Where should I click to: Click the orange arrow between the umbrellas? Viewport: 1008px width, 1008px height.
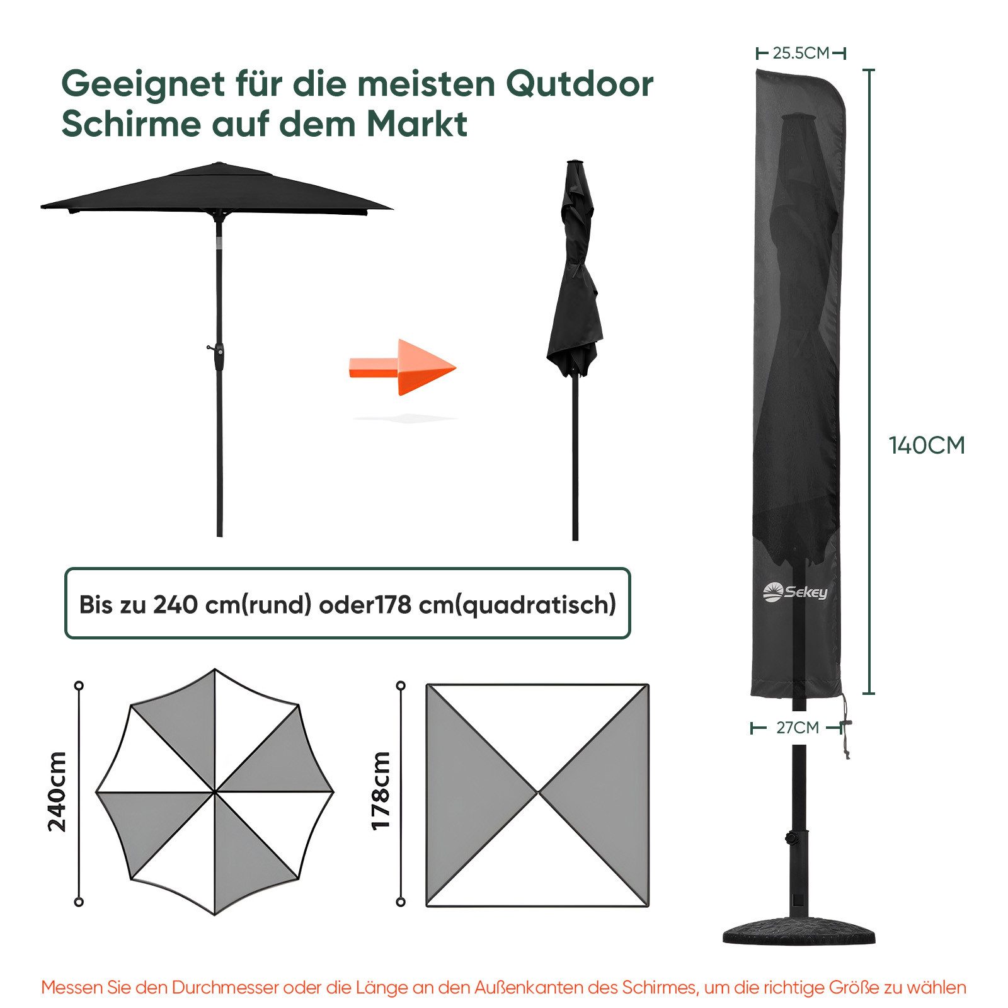(403, 367)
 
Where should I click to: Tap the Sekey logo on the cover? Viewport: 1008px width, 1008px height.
(794, 592)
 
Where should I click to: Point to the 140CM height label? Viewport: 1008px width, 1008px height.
(927, 445)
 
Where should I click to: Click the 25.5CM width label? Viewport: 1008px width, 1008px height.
(801, 53)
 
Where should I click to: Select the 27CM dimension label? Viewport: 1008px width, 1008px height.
(798, 728)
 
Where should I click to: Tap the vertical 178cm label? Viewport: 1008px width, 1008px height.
(381, 791)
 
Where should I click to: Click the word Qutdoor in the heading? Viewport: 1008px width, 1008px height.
(580, 84)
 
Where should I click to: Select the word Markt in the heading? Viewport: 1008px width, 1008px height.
(416, 123)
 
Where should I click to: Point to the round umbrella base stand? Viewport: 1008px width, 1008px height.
(799, 931)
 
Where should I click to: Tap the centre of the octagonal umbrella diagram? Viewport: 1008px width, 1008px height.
(215, 791)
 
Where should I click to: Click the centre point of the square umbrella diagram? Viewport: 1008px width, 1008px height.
(538, 793)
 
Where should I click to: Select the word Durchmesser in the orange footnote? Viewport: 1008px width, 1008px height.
(225, 987)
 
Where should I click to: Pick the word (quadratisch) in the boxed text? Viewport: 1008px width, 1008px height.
(535, 605)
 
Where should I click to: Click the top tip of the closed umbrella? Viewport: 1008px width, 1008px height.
(573, 162)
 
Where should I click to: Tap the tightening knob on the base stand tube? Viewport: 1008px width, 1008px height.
(789, 838)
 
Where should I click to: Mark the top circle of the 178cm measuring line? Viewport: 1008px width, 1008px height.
(401, 685)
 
